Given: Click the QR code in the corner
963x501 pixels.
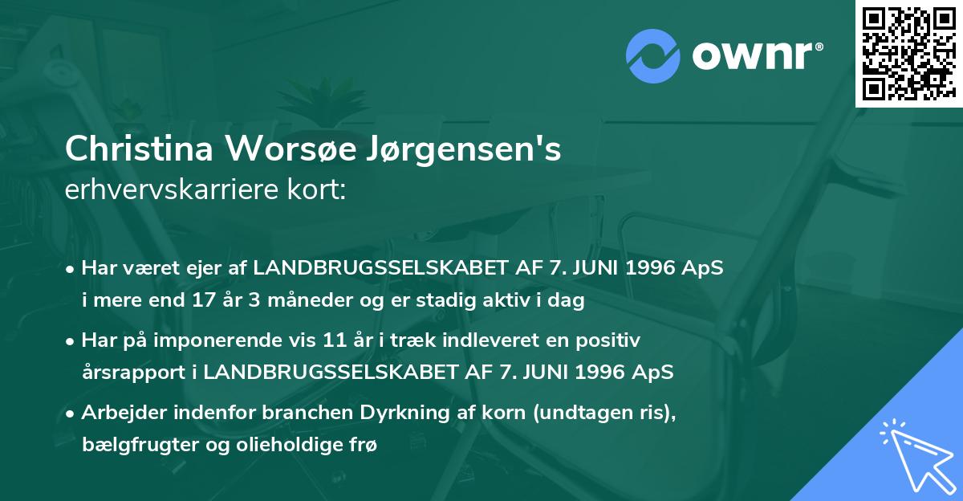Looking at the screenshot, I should (x=908, y=53).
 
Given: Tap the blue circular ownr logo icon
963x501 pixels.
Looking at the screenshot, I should (x=652, y=53).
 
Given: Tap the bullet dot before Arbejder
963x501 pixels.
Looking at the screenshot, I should (x=71, y=414).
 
